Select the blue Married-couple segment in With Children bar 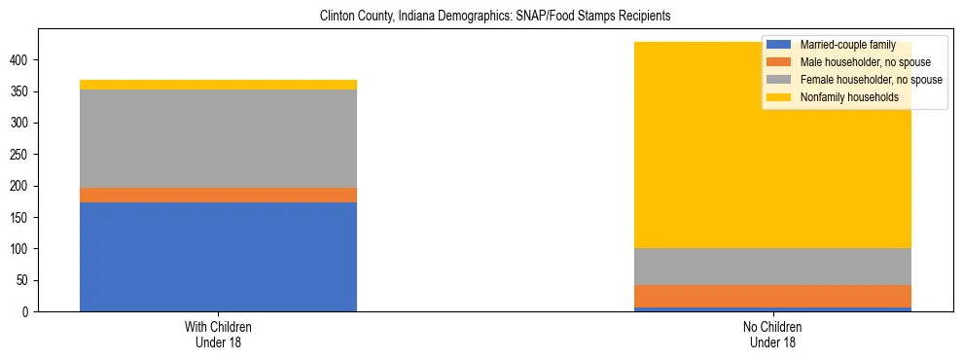(x=218, y=257)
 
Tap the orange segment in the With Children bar (x=218, y=195)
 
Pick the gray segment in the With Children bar (x=218, y=138)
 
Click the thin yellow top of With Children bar (x=218, y=85)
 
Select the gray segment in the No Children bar (x=772, y=267)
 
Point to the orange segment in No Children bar (x=772, y=296)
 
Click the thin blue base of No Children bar (x=772, y=308)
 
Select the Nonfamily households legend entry (x=842, y=97)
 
